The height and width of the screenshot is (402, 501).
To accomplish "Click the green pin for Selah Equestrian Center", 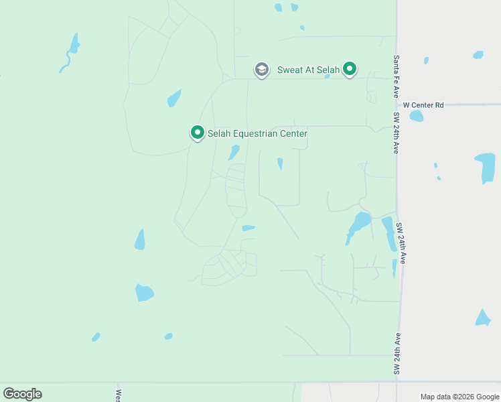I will click(x=197, y=133).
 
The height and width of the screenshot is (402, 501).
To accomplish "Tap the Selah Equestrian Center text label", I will click(x=257, y=134).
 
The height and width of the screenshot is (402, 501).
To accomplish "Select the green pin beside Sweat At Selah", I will click(x=349, y=68).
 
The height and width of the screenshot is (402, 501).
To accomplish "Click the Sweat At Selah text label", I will click(x=307, y=69).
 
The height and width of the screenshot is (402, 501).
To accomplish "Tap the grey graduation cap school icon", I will click(x=261, y=69).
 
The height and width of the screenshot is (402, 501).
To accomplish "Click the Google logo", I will click(x=22, y=394).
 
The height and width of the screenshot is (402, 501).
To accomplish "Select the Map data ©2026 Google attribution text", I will click(x=459, y=397).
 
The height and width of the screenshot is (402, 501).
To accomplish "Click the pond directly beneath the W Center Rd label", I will click(x=417, y=116).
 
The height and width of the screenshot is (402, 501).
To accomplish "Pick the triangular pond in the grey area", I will click(x=483, y=318).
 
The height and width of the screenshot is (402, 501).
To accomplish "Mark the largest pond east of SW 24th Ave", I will click(x=485, y=167).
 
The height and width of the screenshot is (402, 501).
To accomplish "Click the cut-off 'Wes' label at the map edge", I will click(x=119, y=395).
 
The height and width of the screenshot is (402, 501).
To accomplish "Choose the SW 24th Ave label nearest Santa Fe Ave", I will click(x=397, y=133).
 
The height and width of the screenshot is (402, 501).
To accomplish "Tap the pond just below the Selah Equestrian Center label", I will click(x=234, y=152).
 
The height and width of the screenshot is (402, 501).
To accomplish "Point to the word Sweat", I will click(x=290, y=69).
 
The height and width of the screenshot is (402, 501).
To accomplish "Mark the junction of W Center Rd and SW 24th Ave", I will click(x=397, y=105).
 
